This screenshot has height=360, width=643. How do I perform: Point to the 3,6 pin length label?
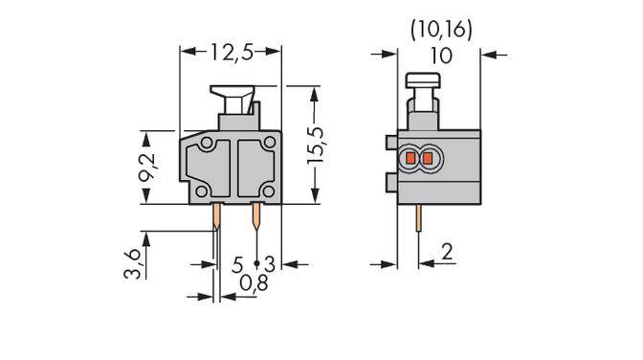pyautogui.click(x=137, y=261)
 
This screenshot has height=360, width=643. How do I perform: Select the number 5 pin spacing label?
pyautogui.click(x=236, y=262)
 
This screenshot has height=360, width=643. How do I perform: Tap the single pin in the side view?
pyautogui.click(x=418, y=221)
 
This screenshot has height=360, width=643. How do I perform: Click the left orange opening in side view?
pyautogui.click(x=412, y=156)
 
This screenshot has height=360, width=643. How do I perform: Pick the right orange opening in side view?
pyautogui.click(x=428, y=156)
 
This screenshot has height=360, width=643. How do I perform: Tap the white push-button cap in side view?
pyautogui.click(x=421, y=79)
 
